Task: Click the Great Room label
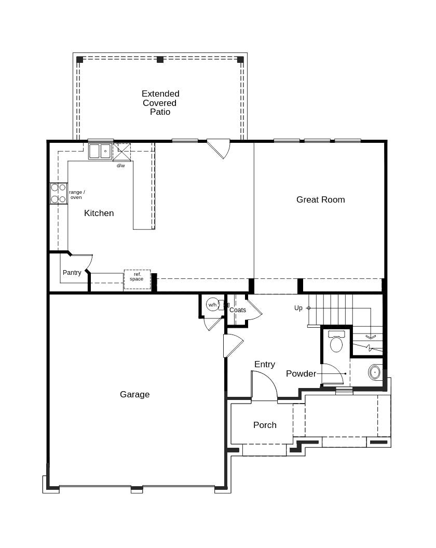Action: pyautogui.click(x=320, y=199)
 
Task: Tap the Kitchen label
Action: pyautogui.click(x=99, y=213)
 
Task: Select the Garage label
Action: pyautogui.click(x=134, y=394)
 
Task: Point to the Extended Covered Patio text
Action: pyautogui.click(x=160, y=103)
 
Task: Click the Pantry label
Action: pyautogui.click(x=72, y=273)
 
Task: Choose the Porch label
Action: pyautogui.click(x=265, y=425)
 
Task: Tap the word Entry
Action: pyautogui.click(x=264, y=364)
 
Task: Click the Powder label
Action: pyautogui.click(x=301, y=373)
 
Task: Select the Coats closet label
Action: pyautogui.click(x=238, y=310)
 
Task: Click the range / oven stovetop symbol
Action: pyautogui.click(x=59, y=193)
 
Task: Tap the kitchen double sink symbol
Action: pyautogui.click(x=100, y=151)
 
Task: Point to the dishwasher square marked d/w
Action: pyautogui.click(x=122, y=152)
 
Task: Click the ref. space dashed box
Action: pyautogui.click(x=137, y=279)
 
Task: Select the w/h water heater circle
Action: pyautogui.click(x=213, y=305)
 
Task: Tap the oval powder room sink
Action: pyautogui.click(x=375, y=372)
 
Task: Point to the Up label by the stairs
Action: pyautogui.click(x=298, y=308)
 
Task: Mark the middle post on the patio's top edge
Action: pyautogui.click(x=160, y=60)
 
